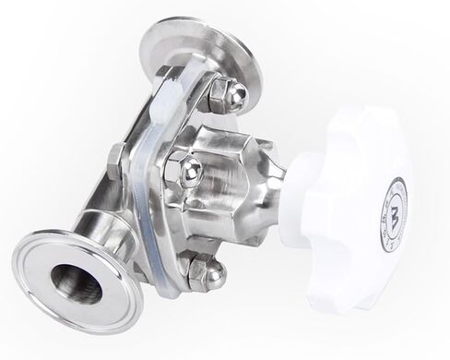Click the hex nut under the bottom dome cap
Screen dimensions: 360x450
point(195,270)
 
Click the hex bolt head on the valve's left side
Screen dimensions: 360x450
point(116,162)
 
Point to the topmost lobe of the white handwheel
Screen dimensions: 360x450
point(360,120)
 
